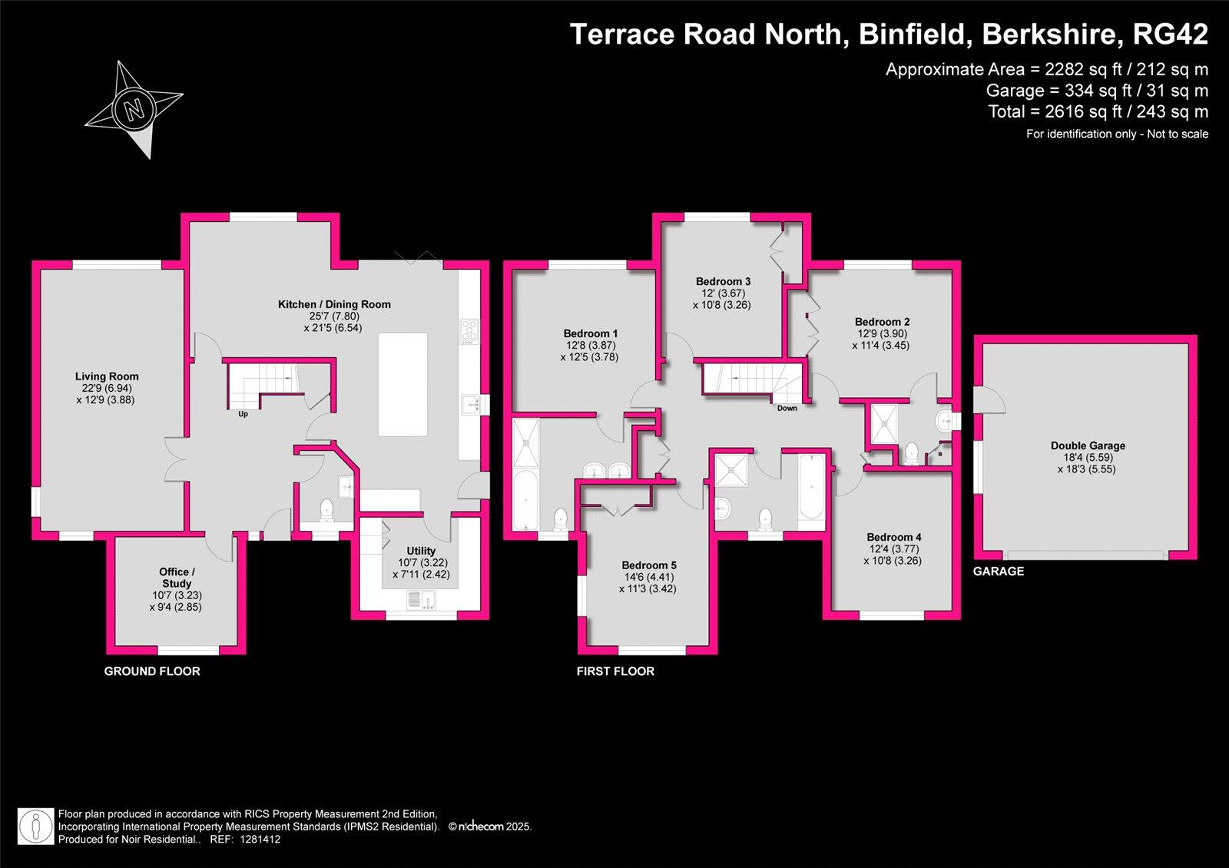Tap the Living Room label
point(107,376)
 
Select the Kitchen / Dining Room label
point(334,304)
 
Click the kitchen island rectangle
point(402,384)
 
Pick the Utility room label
point(421,551)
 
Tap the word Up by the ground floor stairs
point(243,414)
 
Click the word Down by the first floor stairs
point(787,408)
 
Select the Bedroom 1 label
point(590,333)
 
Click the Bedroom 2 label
point(882,322)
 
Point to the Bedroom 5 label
point(649,565)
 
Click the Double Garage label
point(1088,446)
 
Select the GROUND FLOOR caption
point(152,671)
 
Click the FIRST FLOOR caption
point(615,671)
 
